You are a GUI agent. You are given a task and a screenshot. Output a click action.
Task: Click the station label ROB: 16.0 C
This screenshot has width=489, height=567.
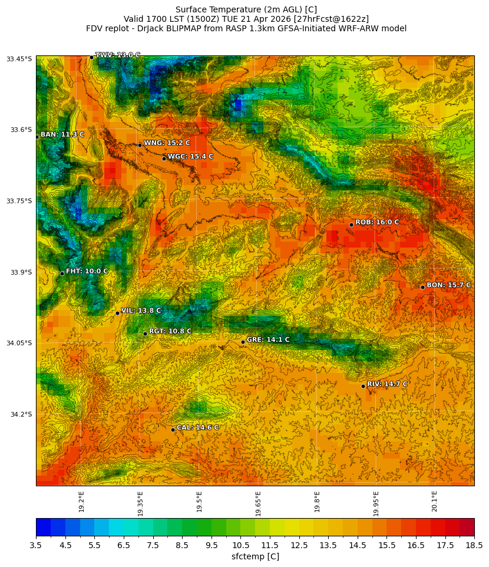(x=376, y=222)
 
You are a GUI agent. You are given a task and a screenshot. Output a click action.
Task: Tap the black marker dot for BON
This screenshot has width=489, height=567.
(x=422, y=287)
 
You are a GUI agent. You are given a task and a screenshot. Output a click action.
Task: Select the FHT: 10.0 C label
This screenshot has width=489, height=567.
(x=87, y=271)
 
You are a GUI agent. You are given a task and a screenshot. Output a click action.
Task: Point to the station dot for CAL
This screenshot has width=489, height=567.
(x=173, y=430)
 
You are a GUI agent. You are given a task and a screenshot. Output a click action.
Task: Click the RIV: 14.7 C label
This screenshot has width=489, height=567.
(x=387, y=384)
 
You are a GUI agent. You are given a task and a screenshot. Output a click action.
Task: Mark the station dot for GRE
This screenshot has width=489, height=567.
(x=243, y=342)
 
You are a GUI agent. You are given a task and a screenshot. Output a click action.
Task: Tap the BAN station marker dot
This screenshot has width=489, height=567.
(x=37, y=137)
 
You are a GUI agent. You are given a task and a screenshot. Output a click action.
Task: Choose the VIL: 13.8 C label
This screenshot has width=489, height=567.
(x=141, y=311)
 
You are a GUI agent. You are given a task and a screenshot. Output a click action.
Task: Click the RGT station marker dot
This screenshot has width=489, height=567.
(x=145, y=334)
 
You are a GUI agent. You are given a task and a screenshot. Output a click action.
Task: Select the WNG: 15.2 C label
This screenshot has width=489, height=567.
(x=167, y=143)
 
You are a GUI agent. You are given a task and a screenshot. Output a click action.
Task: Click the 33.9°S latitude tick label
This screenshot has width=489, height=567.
(x=19, y=272)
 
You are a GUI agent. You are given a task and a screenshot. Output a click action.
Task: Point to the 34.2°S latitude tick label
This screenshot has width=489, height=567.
(x=19, y=414)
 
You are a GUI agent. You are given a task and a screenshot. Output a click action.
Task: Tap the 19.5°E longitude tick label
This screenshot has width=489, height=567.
(x=199, y=502)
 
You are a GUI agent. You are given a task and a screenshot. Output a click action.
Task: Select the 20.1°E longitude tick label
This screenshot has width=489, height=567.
(x=435, y=502)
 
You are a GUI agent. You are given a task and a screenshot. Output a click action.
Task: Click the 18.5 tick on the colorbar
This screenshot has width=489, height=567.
(x=474, y=546)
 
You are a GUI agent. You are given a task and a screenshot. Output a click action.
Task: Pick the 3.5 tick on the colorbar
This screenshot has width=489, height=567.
(x=37, y=546)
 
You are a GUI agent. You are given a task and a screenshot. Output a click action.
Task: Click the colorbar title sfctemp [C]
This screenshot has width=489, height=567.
(x=255, y=556)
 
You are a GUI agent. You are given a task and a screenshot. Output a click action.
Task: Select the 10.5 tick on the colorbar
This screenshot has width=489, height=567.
(x=240, y=546)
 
